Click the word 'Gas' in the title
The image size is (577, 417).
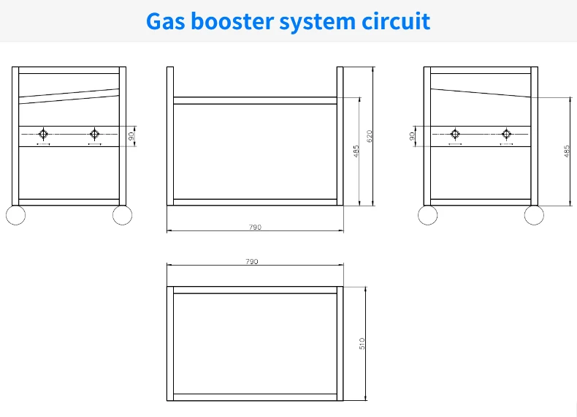pyautogui.click(x=167, y=21)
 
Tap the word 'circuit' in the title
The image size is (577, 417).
pyautogui.click(x=397, y=21)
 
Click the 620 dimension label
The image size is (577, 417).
pyautogui.click(x=370, y=135)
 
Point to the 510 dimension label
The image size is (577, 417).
pyautogui.click(x=362, y=343)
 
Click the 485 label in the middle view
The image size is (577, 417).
pyautogui.click(x=356, y=151)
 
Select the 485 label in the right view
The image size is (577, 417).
pyautogui.click(x=566, y=151)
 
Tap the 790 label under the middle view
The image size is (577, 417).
pyautogui.click(x=255, y=228)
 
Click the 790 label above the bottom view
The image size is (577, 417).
pyautogui.click(x=252, y=261)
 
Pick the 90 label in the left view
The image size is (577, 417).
pyautogui.click(x=131, y=135)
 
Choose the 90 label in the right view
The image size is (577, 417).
pyautogui.click(x=413, y=135)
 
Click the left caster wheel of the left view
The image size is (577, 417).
pyautogui.click(x=15, y=215)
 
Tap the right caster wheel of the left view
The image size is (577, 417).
pyautogui.click(x=123, y=215)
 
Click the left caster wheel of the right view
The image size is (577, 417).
pyautogui.click(x=427, y=215)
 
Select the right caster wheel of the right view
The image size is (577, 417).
pyautogui.click(x=534, y=215)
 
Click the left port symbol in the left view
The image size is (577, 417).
pyautogui.click(x=43, y=133)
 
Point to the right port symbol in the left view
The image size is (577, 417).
pyautogui.click(x=93, y=133)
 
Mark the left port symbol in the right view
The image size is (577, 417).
pyautogui.click(x=455, y=133)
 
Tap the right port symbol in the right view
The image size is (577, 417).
pyautogui.click(x=506, y=133)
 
